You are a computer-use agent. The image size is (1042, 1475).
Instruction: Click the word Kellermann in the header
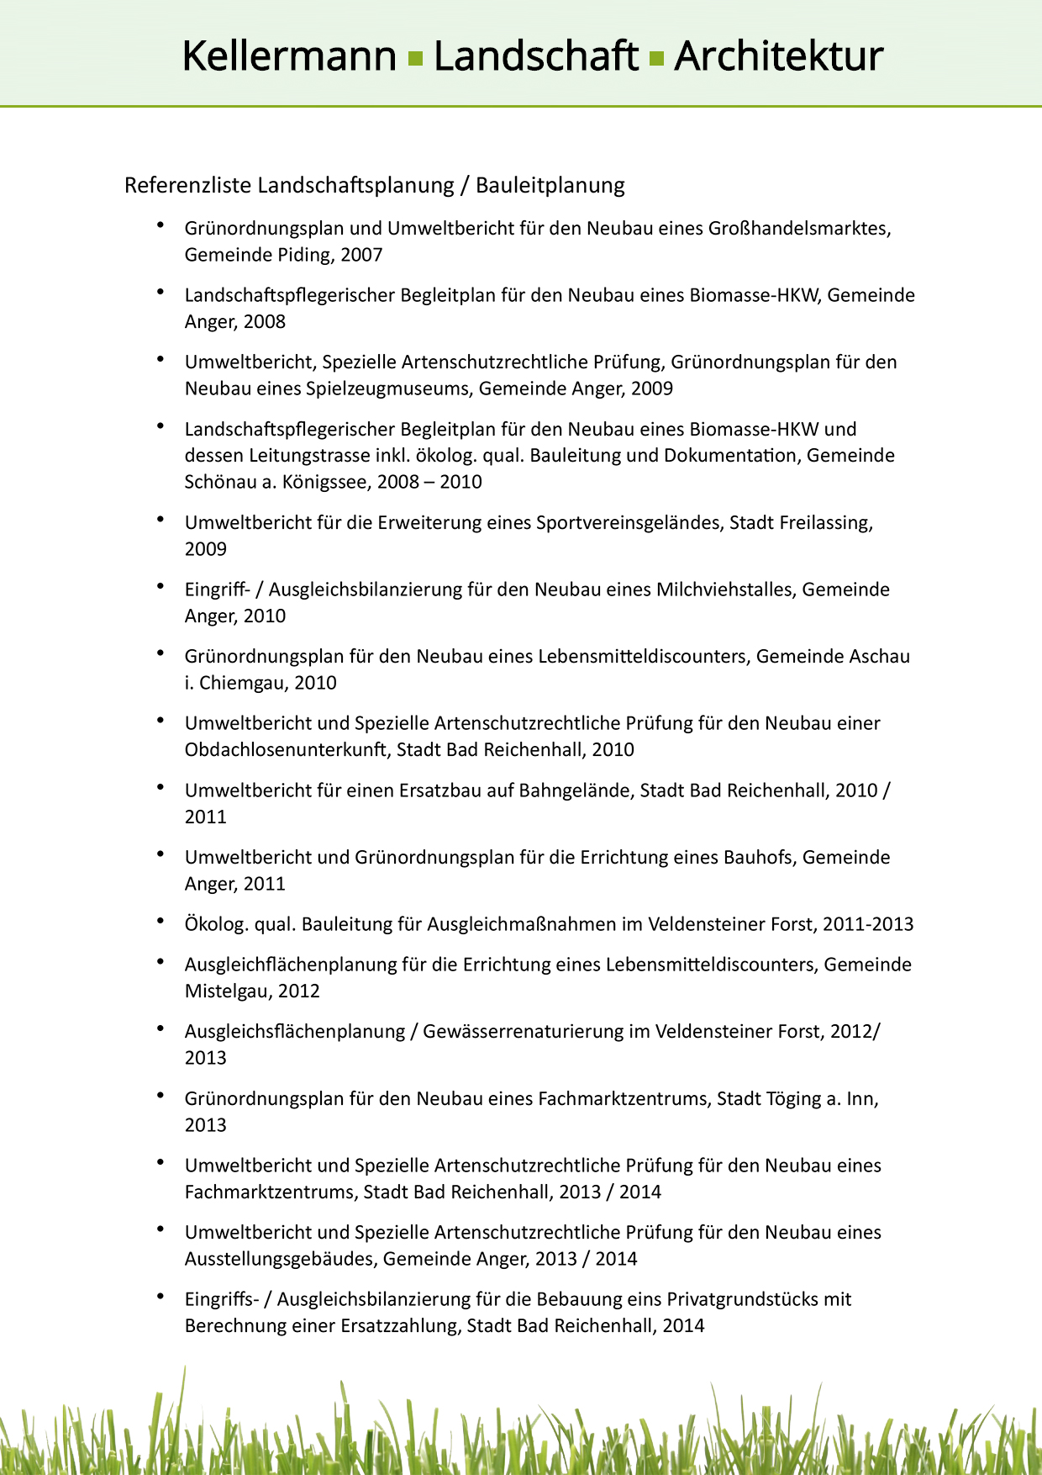[289, 57]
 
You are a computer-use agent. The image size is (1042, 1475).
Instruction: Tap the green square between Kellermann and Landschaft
[414, 59]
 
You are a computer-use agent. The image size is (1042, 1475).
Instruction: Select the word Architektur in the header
[778, 57]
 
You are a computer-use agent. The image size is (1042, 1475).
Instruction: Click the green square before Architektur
[656, 59]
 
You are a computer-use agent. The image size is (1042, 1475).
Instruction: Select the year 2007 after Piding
[361, 255]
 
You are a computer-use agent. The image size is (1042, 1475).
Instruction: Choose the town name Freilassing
[825, 522]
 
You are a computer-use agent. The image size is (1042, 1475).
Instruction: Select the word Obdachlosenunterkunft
[287, 749]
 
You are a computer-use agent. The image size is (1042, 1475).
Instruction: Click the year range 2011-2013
[867, 924]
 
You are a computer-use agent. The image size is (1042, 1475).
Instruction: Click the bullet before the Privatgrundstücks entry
[161, 1297]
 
